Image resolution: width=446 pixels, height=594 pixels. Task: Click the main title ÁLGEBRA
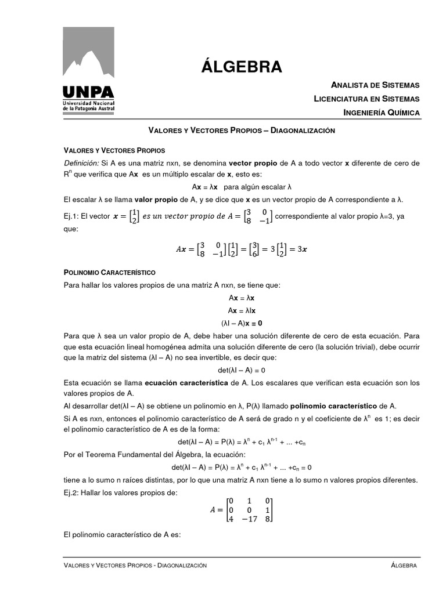[x=242, y=67]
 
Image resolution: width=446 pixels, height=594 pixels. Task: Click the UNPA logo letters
[x=88, y=92]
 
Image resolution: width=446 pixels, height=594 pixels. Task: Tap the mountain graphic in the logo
[x=88, y=56]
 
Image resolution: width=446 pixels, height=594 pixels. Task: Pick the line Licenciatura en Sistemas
[x=366, y=99]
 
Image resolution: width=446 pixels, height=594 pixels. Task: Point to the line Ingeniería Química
[x=381, y=113]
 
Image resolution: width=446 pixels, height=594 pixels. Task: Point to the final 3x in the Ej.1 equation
[x=301, y=249]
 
